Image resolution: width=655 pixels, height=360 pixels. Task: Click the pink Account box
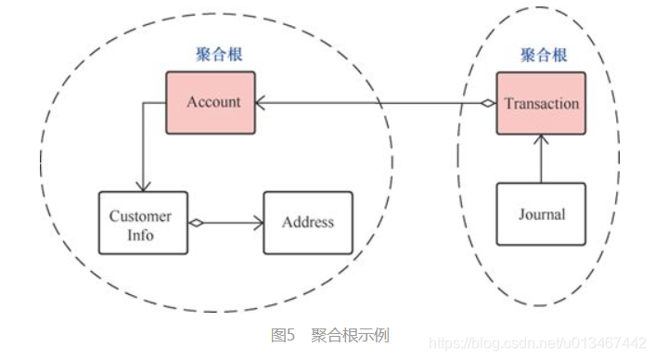pos(213,102)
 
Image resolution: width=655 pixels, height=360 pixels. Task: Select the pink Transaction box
pos(541,103)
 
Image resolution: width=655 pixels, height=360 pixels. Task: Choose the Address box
pos(308,223)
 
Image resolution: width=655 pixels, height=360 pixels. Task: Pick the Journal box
pos(541,214)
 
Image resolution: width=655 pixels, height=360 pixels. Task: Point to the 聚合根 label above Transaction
pos(542,55)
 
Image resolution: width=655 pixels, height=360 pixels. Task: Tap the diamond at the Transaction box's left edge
pos(488,103)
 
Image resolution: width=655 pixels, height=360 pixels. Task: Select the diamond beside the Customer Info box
pos(196,223)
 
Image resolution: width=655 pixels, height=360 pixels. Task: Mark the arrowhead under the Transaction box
pos(541,140)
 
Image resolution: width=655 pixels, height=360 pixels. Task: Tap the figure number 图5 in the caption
pos(282,335)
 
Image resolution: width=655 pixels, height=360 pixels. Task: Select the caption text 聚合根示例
pos(350,335)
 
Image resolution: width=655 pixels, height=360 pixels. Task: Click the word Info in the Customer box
pos(142,235)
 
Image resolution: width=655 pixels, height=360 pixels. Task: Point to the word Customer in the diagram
pos(141,216)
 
